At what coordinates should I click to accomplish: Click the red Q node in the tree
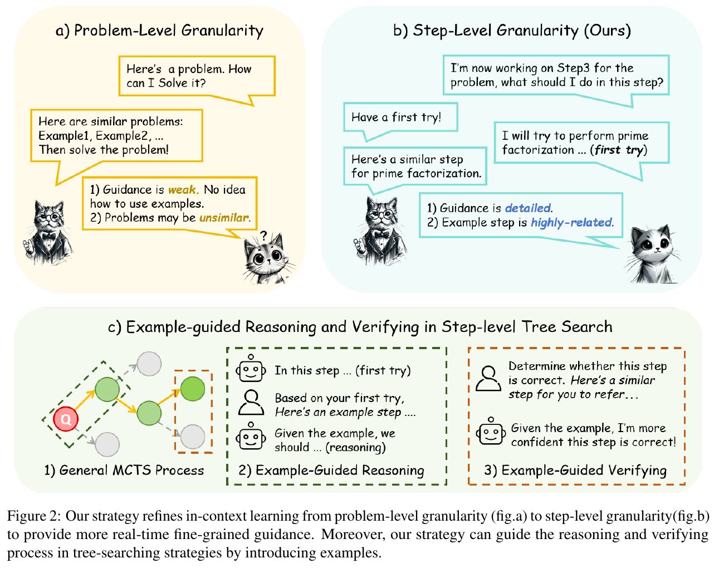click(66, 419)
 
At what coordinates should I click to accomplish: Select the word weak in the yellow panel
click(182, 190)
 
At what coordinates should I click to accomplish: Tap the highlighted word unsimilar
click(224, 218)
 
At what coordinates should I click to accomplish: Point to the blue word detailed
click(527, 208)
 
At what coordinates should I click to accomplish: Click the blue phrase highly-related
click(571, 223)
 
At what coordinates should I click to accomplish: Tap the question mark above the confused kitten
click(263, 236)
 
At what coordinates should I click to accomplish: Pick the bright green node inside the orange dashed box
click(193, 388)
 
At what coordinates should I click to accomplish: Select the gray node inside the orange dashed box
click(193, 437)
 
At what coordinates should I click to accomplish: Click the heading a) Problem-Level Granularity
click(159, 30)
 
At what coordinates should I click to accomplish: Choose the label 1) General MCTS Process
click(124, 471)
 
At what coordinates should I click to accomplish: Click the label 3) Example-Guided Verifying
click(575, 471)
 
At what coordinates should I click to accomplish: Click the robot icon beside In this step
click(251, 369)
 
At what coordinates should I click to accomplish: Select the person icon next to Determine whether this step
click(488, 379)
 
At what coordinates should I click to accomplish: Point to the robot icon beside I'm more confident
click(491, 432)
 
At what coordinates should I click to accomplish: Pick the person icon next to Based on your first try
click(251, 402)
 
